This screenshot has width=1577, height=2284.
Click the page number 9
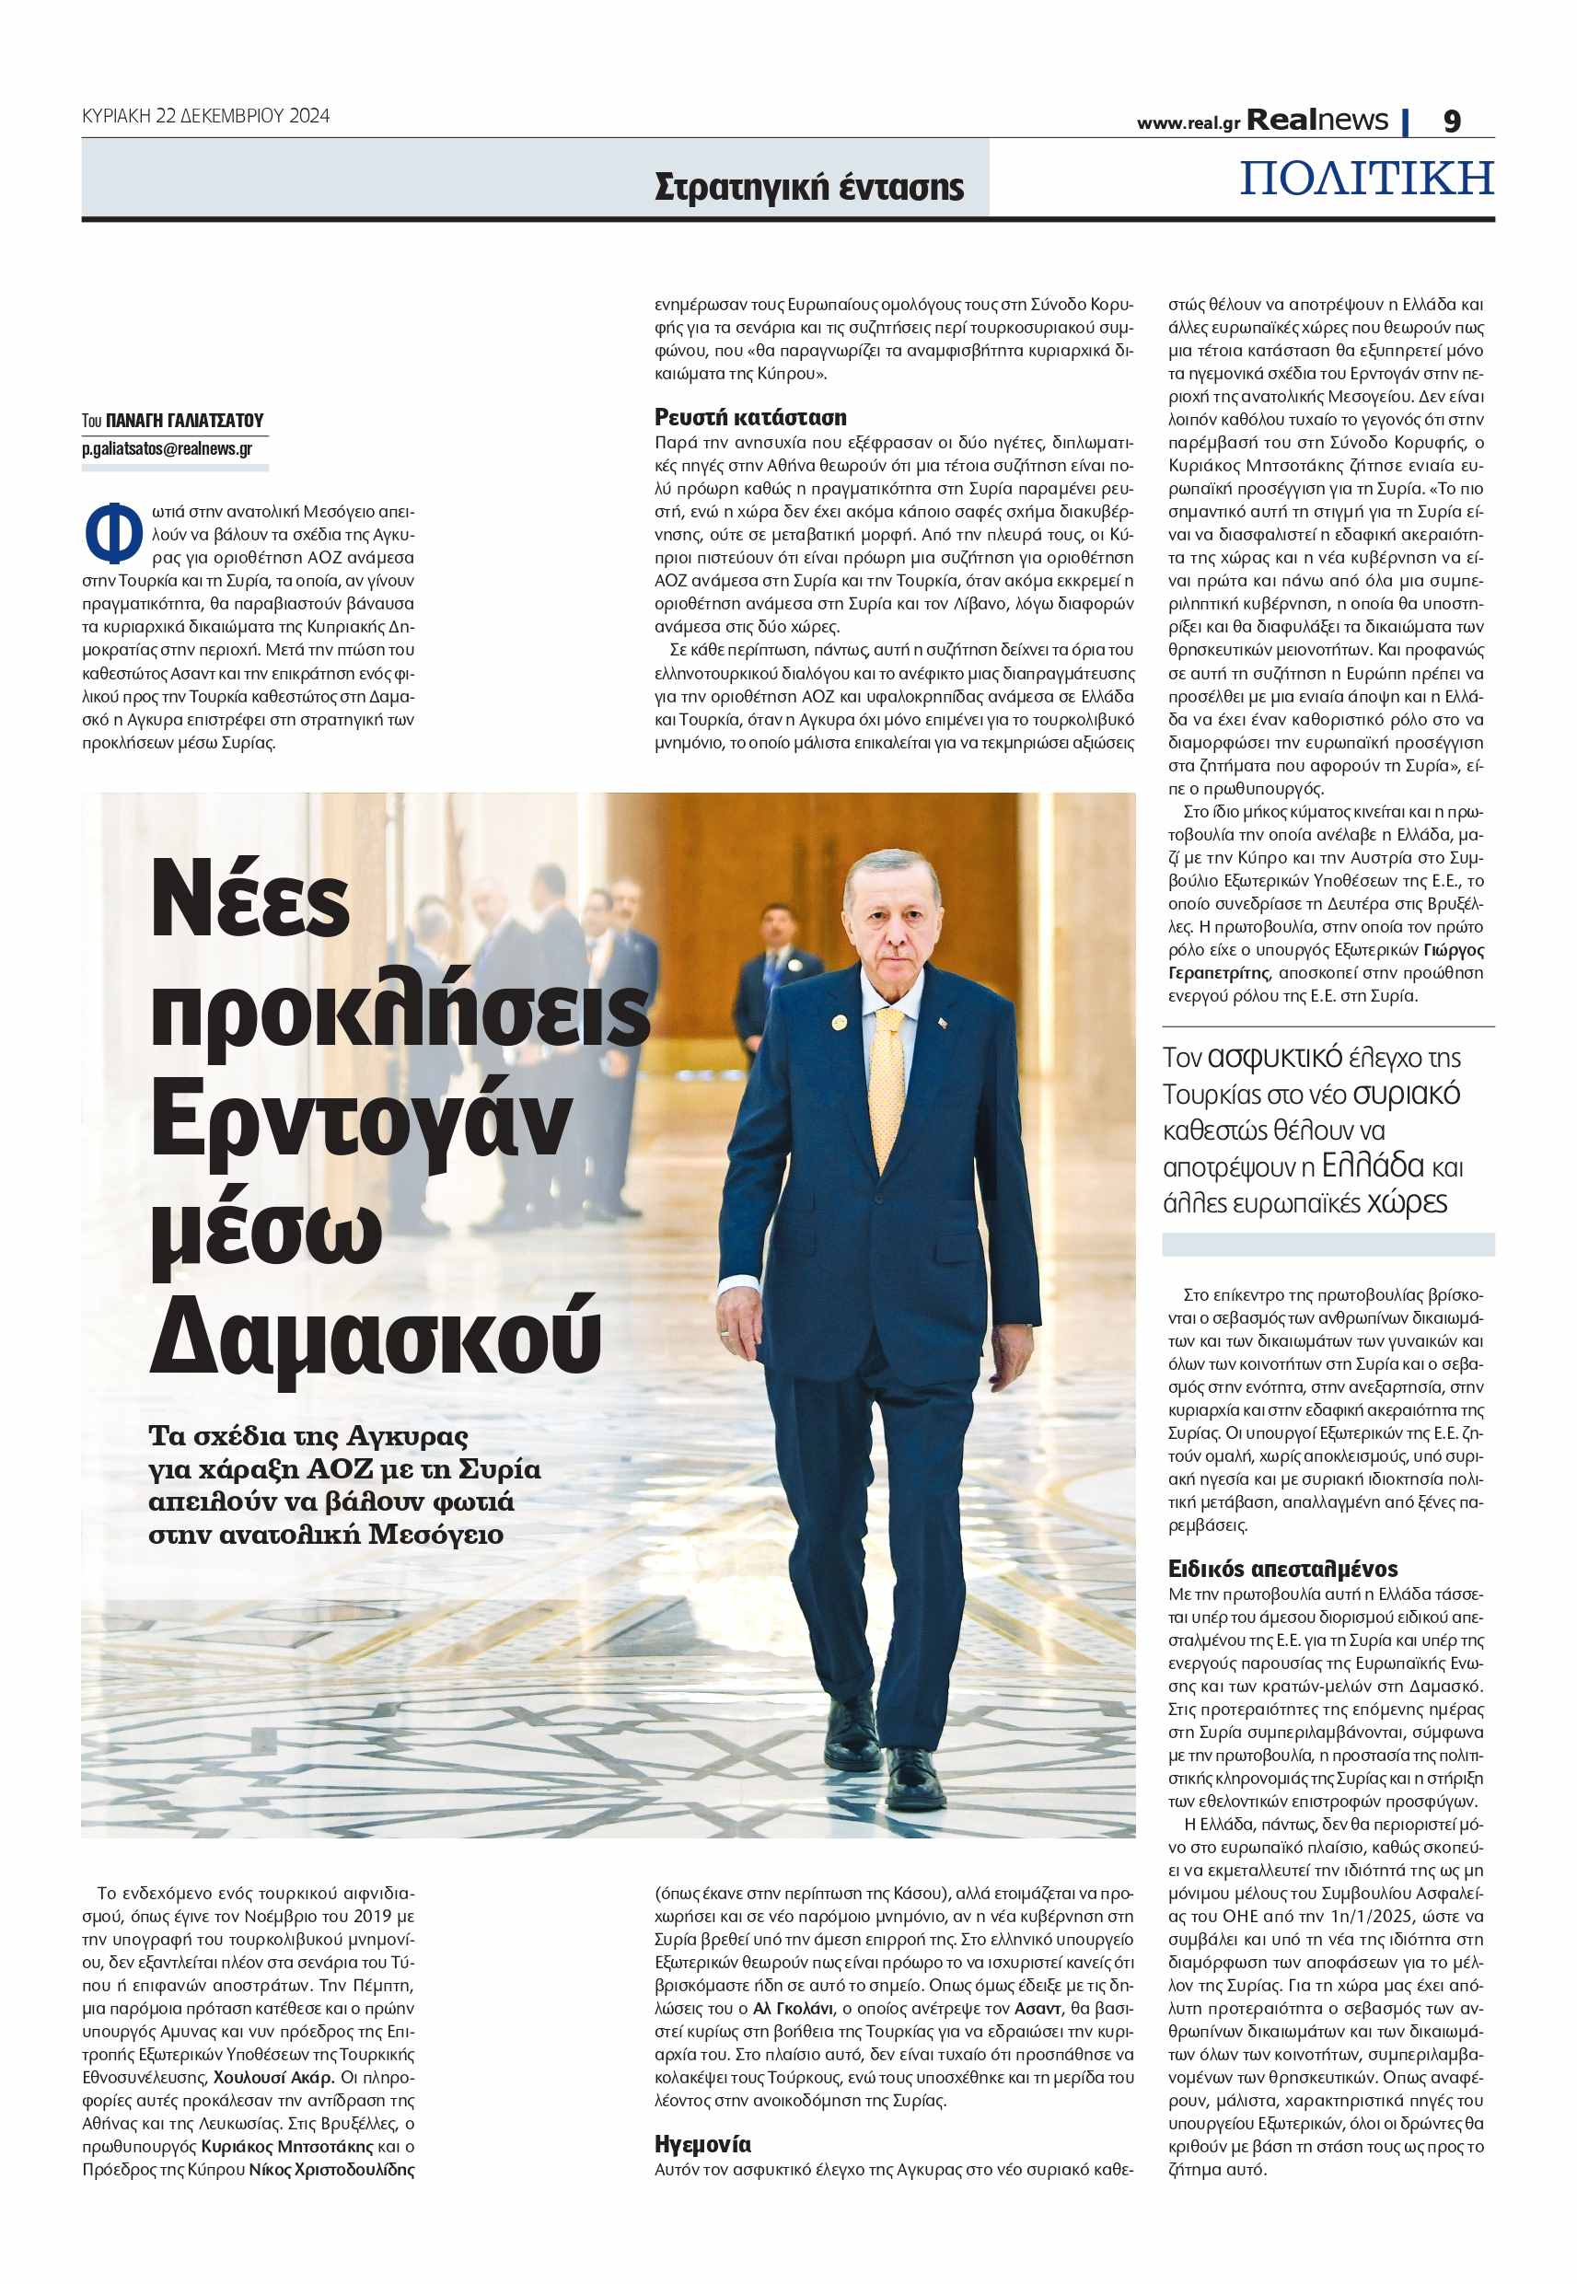point(1452,121)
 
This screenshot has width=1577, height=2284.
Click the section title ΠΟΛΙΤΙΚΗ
point(1366,179)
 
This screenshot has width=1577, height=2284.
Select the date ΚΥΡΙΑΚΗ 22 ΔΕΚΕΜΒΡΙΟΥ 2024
point(205,116)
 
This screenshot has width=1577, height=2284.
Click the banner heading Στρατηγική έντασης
point(808,187)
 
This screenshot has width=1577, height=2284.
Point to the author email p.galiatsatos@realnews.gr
point(167,448)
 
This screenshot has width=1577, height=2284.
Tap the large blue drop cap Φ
point(112,533)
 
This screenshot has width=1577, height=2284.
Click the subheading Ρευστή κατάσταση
point(750,417)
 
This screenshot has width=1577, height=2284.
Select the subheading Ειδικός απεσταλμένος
point(1282,1569)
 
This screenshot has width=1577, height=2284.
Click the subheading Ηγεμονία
point(702,2144)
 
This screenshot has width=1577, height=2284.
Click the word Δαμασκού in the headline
point(375,1335)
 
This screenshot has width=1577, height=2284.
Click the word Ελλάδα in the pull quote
point(1372,1165)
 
